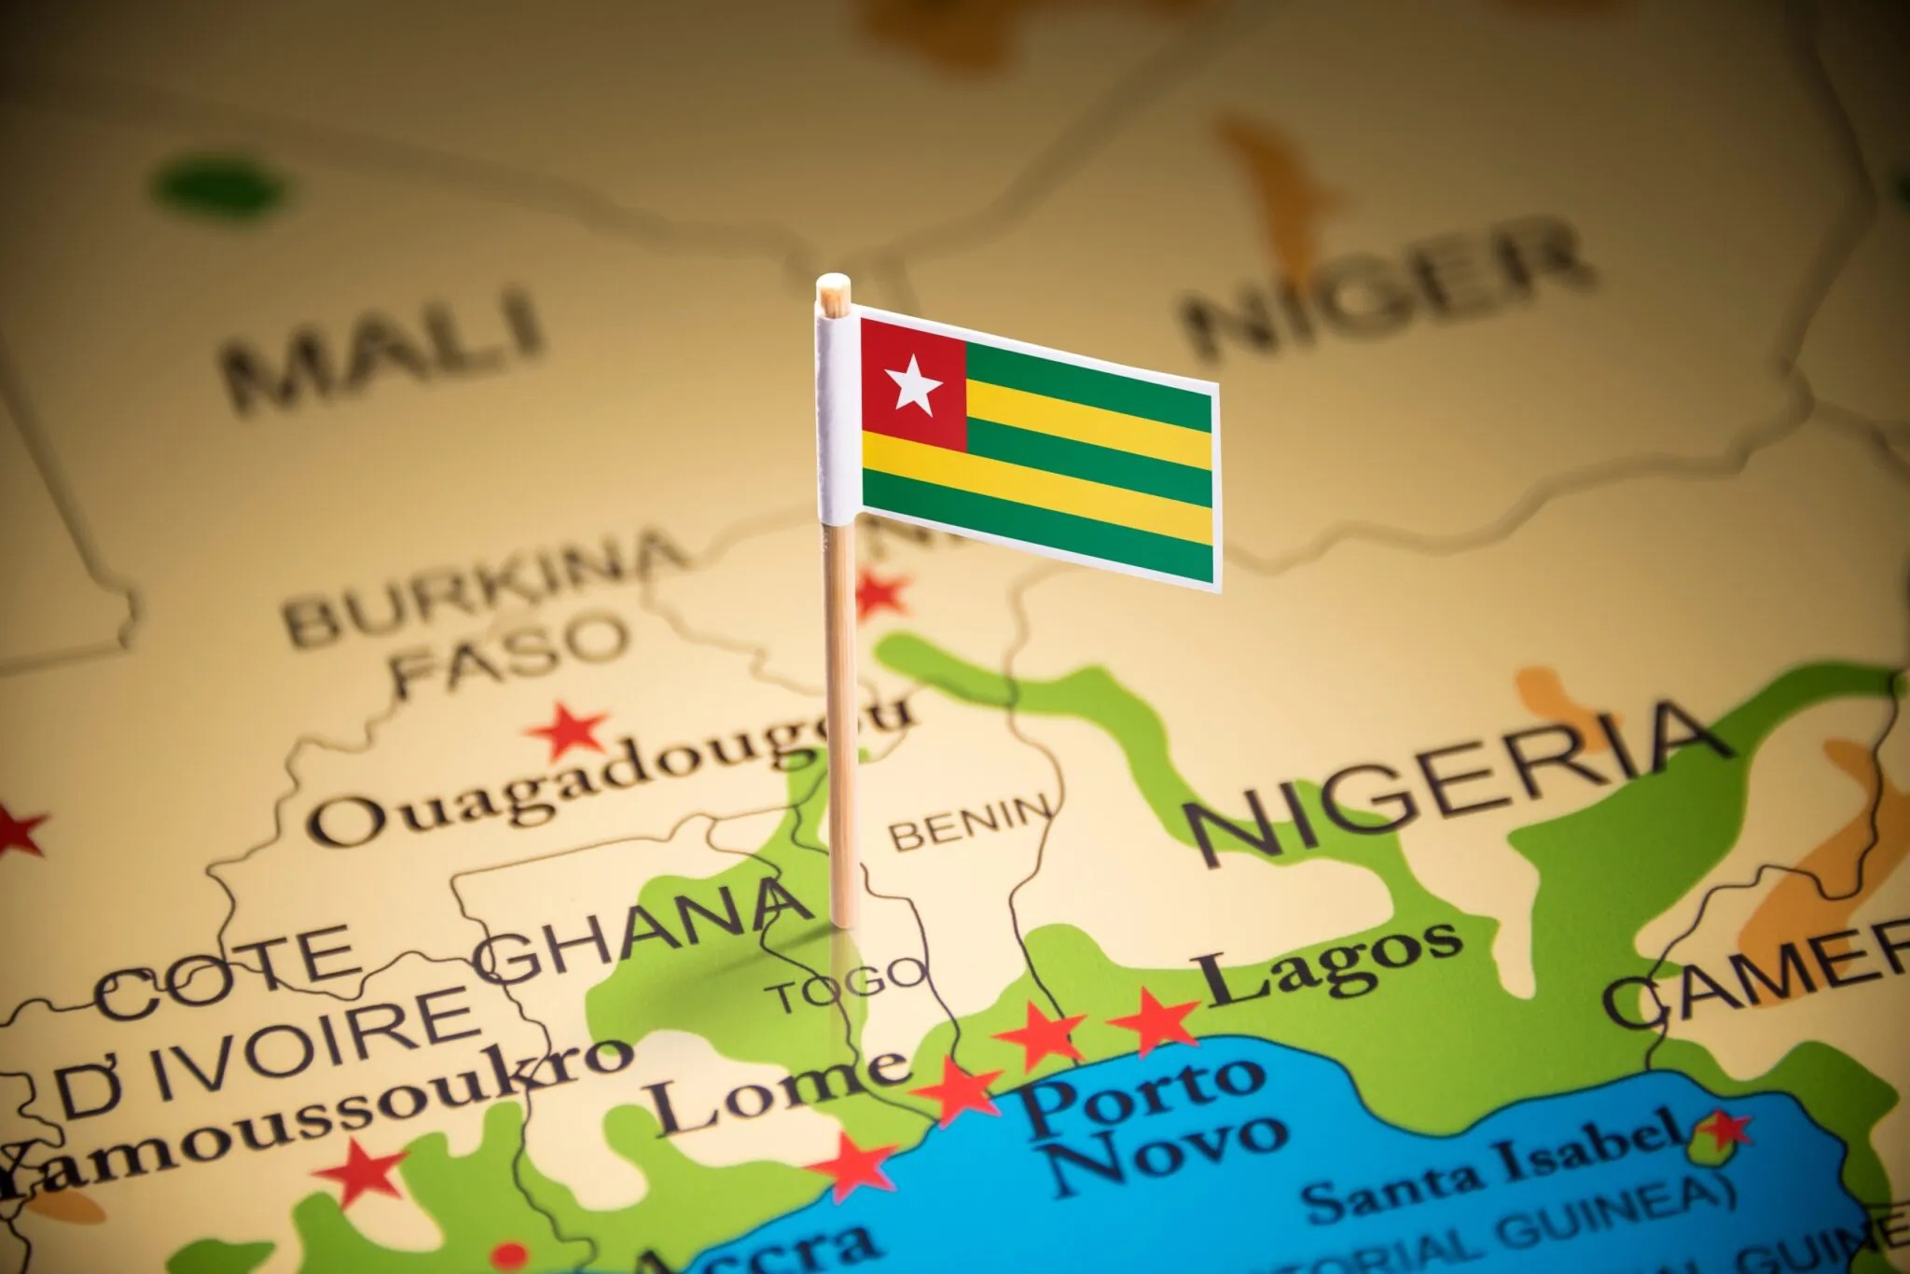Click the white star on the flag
(913, 384)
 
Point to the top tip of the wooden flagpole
(832, 283)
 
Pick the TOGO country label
(848, 985)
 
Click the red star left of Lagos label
(1153, 1019)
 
